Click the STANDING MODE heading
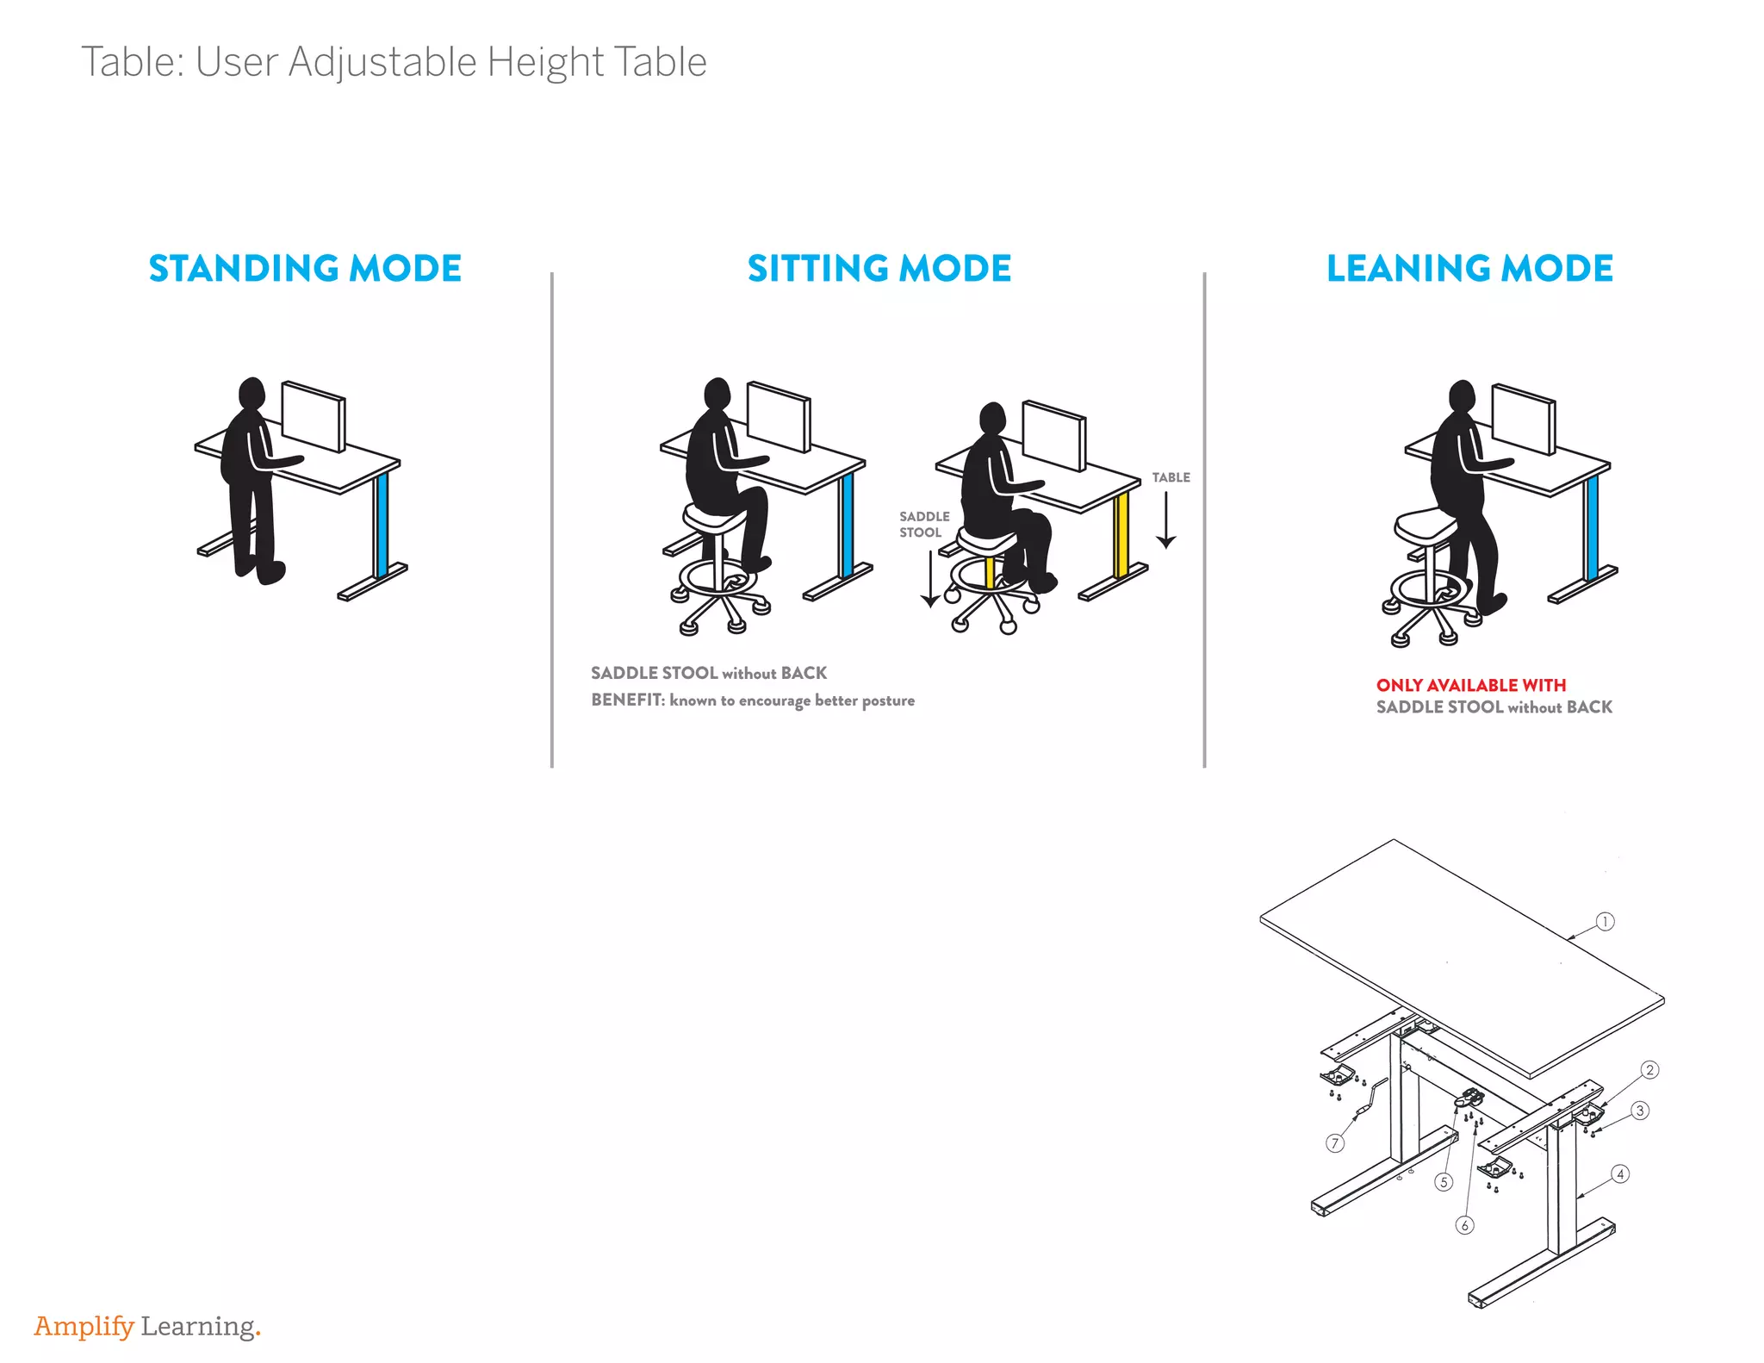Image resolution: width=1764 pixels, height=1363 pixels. point(305,268)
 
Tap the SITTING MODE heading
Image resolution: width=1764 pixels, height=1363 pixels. point(879,268)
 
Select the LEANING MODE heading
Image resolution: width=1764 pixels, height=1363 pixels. point(1469,268)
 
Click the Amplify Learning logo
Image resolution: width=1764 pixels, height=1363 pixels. point(147,1326)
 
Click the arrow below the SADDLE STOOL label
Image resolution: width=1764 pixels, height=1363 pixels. point(930,577)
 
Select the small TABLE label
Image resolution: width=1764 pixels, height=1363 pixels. point(1171,477)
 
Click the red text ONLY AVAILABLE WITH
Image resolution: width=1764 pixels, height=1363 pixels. point(1470,685)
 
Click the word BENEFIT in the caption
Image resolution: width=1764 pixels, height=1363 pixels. point(628,700)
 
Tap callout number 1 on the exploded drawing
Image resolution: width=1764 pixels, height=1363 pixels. point(1605,921)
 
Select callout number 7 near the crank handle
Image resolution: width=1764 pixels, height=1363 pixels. point(1334,1143)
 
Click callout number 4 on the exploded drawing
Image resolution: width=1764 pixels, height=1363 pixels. point(1620,1174)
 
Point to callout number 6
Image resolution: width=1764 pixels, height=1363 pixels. point(1464,1225)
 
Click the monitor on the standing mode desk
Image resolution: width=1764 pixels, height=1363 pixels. point(314,416)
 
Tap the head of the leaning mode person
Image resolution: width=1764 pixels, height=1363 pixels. point(1462,397)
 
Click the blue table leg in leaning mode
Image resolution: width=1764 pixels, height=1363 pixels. point(1592,527)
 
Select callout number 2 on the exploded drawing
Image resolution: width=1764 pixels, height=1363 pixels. point(1649,1070)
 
